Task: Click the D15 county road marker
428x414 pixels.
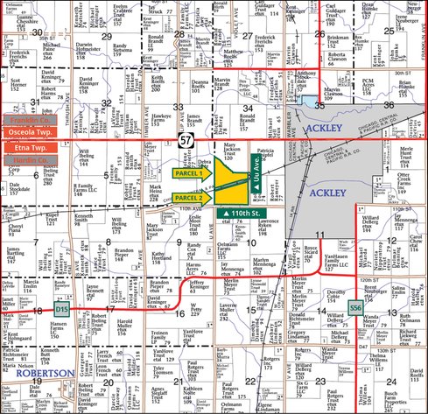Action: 61,309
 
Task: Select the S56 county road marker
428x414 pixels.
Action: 354,308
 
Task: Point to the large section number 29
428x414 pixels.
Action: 106,36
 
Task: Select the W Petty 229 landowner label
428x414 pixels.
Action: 198,305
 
